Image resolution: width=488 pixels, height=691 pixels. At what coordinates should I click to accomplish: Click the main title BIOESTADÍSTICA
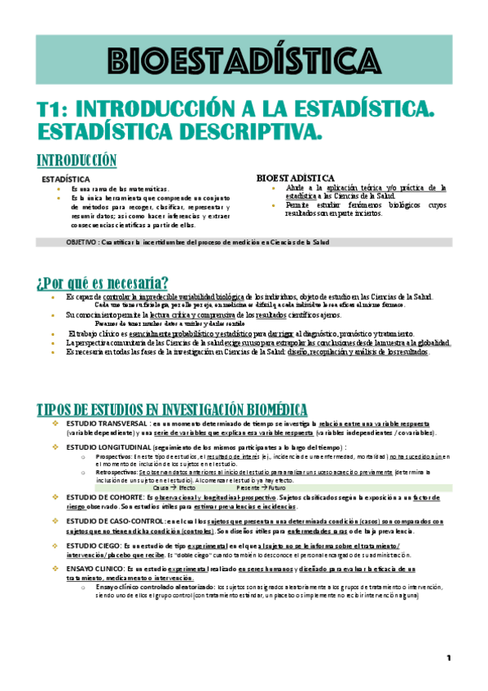[244, 60]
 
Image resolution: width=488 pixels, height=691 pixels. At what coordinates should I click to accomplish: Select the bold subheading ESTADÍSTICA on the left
[65, 178]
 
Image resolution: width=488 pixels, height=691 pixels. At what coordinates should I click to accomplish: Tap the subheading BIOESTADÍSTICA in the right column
[295, 177]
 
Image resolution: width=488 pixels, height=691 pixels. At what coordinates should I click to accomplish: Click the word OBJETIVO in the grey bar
[82, 242]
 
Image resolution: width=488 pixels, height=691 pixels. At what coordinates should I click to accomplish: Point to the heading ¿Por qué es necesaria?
[103, 283]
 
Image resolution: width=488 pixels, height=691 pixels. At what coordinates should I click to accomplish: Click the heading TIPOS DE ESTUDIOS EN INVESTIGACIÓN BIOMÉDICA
[173, 408]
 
